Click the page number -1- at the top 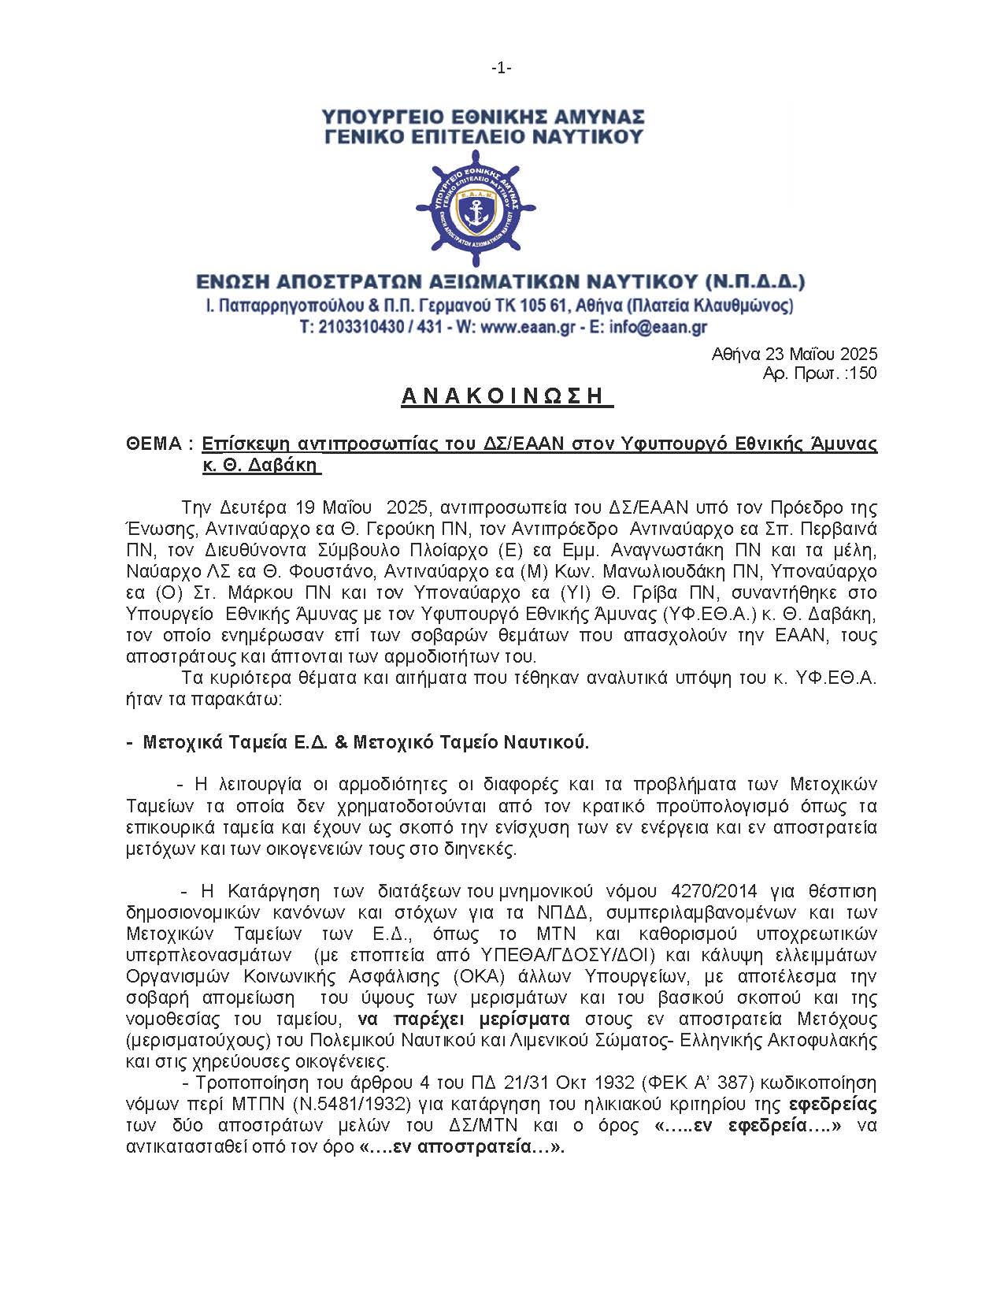502,69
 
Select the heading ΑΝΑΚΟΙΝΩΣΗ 506,396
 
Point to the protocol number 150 863,373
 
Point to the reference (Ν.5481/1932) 364,1104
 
